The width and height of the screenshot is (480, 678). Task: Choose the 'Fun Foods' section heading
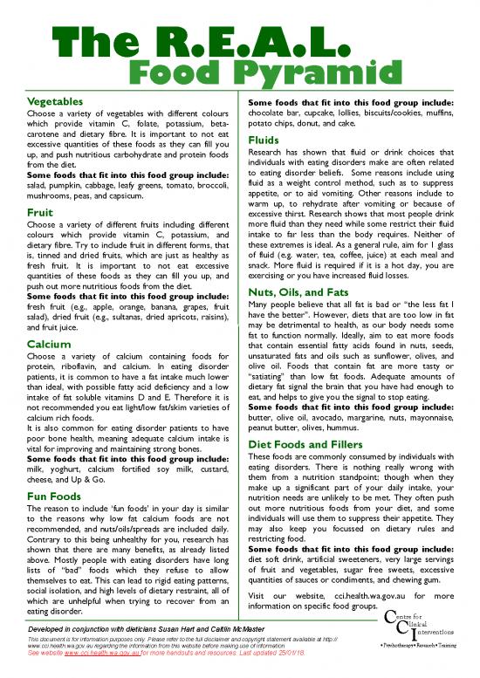[x=55, y=496]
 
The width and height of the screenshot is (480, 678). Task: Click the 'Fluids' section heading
[x=264, y=140]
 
